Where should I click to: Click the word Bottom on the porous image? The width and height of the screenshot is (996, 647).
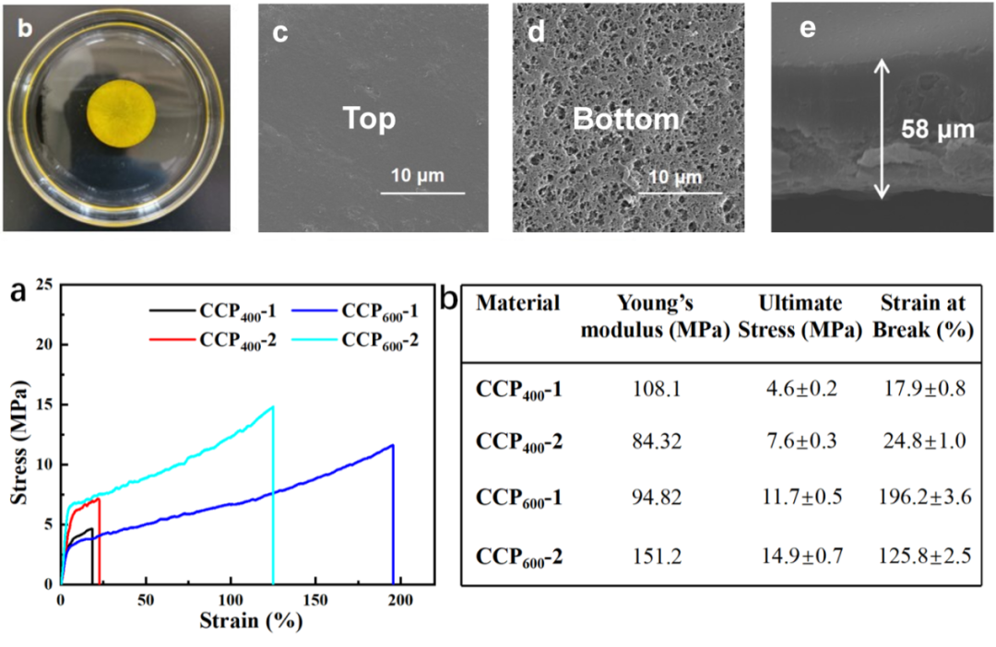pos(625,119)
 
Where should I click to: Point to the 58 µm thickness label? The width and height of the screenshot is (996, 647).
pos(937,130)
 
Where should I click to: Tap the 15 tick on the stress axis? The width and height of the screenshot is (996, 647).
pos(44,405)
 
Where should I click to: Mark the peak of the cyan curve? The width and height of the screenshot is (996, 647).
pos(273,406)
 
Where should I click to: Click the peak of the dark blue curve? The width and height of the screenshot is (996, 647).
pos(393,445)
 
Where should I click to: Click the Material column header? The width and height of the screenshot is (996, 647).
pos(518,303)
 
